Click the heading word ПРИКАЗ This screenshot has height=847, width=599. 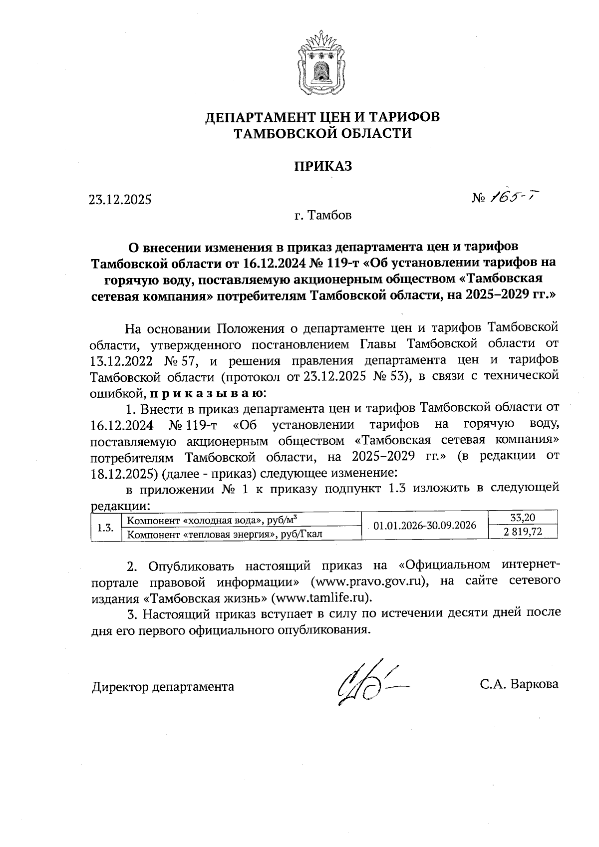[x=322, y=166]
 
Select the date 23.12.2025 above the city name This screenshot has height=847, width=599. [x=120, y=200]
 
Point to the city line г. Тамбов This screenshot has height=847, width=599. [x=322, y=216]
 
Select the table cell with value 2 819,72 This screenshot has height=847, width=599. [x=523, y=532]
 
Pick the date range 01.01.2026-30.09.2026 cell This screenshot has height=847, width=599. [x=424, y=526]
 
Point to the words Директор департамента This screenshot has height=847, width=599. [x=163, y=687]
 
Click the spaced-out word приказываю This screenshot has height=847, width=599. [x=207, y=393]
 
